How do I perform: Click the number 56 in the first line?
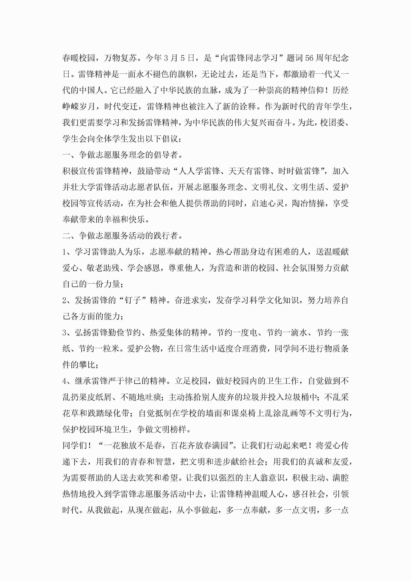(309, 58)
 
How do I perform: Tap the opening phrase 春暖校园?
(79, 58)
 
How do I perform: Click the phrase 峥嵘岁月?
(79, 106)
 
